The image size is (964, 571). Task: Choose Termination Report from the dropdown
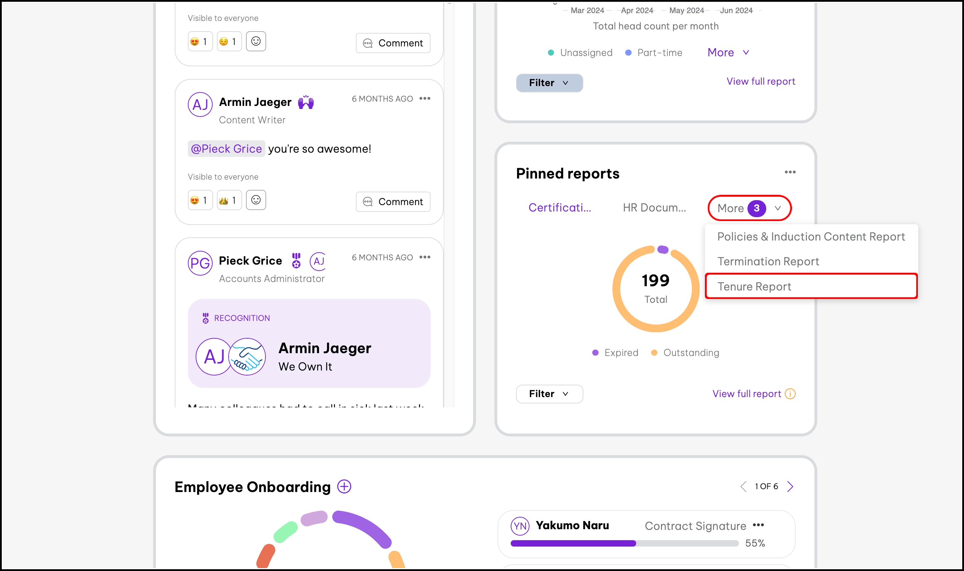(x=768, y=261)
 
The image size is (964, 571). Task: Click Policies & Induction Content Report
(x=811, y=236)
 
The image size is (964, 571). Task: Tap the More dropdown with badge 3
(x=749, y=208)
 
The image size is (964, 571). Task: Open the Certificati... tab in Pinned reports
(x=559, y=208)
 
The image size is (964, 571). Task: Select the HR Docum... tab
(x=654, y=208)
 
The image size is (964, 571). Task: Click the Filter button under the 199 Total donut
(x=549, y=394)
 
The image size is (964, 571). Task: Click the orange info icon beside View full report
(x=790, y=394)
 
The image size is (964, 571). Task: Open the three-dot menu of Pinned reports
(x=790, y=172)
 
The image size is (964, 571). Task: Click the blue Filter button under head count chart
(x=549, y=83)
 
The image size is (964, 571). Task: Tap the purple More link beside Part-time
(x=728, y=52)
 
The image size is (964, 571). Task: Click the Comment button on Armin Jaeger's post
(x=393, y=202)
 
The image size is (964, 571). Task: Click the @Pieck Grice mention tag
(x=226, y=148)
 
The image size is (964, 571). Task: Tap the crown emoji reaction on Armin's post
(x=229, y=200)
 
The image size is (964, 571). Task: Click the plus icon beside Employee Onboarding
(x=344, y=486)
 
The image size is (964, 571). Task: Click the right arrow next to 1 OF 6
(x=790, y=486)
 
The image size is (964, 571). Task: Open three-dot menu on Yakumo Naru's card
(x=758, y=525)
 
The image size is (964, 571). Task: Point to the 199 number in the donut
(x=655, y=281)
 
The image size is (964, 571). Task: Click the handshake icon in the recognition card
(x=247, y=357)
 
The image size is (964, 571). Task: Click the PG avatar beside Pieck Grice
(x=200, y=263)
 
